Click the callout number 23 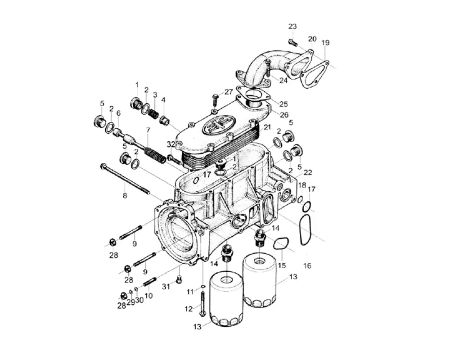pyautogui.click(x=292, y=27)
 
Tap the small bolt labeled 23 pyautogui.click(x=293, y=43)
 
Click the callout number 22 pyautogui.click(x=308, y=173)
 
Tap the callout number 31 pyautogui.click(x=166, y=287)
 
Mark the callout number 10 pyautogui.click(x=148, y=296)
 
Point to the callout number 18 pyautogui.click(x=302, y=185)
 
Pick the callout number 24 pyautogui.click(x=283, y=81)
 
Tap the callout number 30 pyautogui.click(x=139, y=301)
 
